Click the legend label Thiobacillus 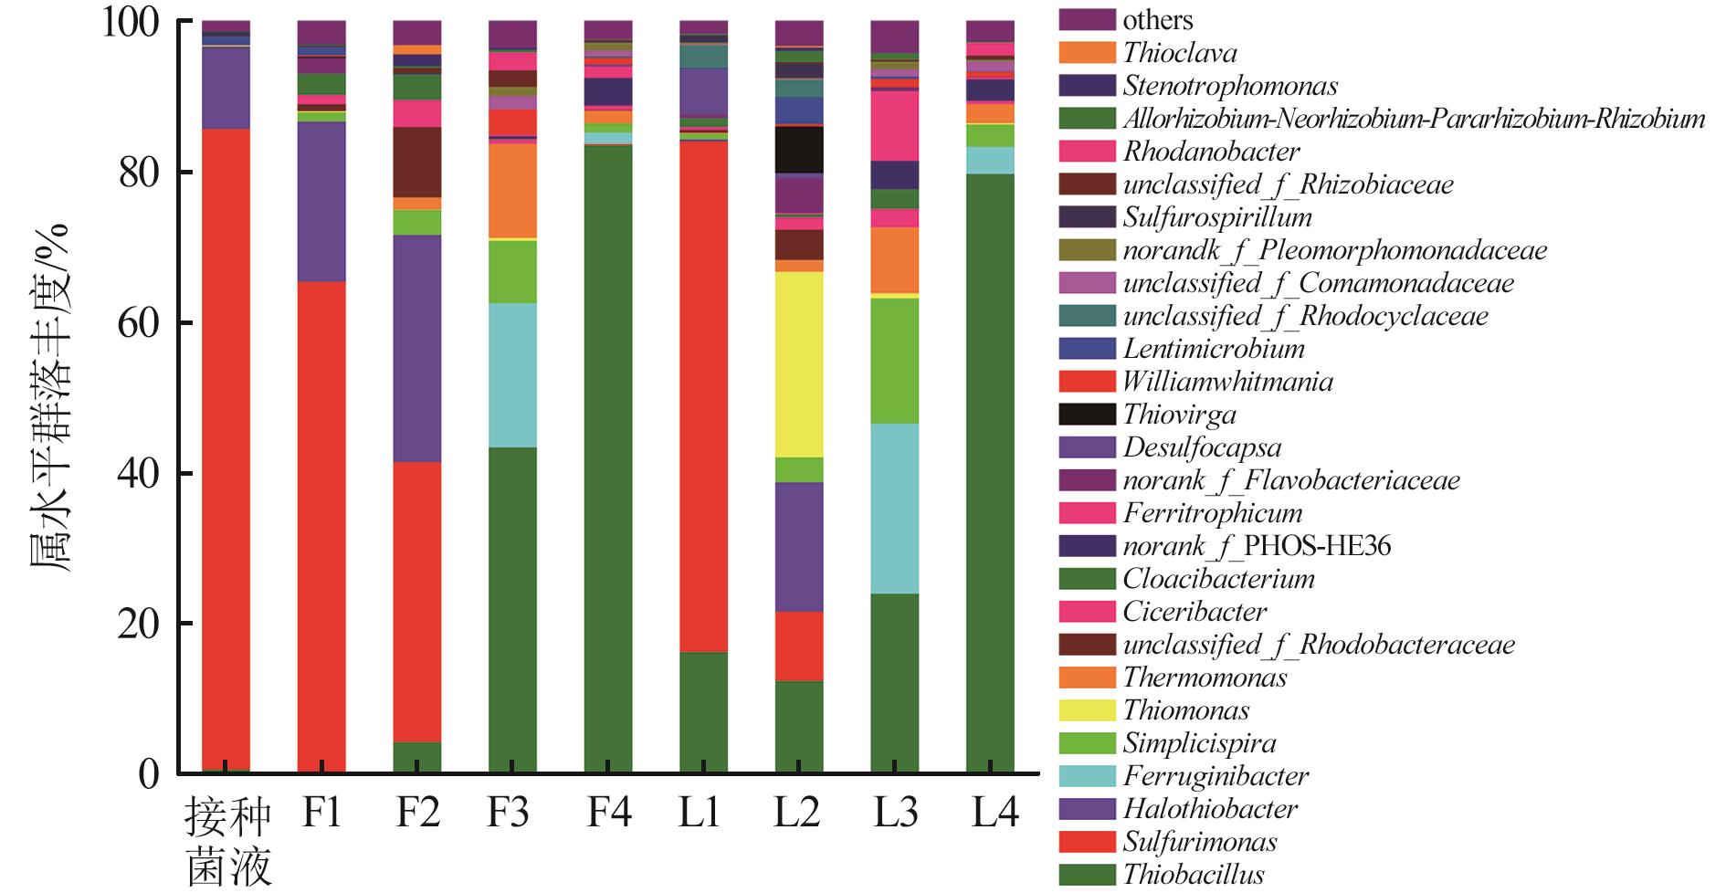(x=1193, y=874)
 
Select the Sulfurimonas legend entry (x=1199, y=841)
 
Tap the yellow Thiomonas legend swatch (x=1087, y=709)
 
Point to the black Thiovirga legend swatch (x=1087, y=414)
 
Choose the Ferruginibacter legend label (x=1215, y=775)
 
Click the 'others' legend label (x=1157, y=19)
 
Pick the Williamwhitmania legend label (x=1227, y=381)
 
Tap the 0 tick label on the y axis (x=148, y=774)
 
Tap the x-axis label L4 (x=993, y=812)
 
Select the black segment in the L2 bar (x=799, y=149)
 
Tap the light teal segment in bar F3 (x=512, y=374)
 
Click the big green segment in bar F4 (x=608, y=457)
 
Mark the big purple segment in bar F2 (x=417, y=348)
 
